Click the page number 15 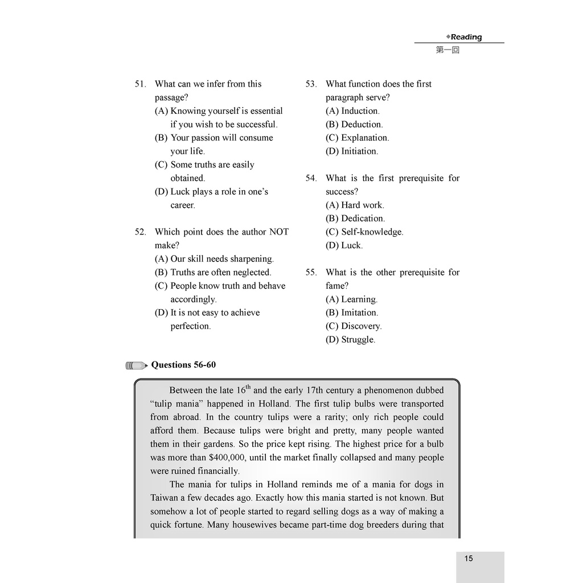coord(469,559)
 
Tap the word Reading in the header coord(466,37)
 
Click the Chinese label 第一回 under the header coord(447,50)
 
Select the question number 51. coord(140,84)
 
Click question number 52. coord(140,232)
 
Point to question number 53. coord(311,84)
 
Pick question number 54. coord(311,179)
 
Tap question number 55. coord(311,273)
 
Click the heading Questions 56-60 coord(183,365)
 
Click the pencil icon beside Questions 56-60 coord(137,366)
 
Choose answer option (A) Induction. coord(352,111)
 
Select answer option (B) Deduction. coord(354,125)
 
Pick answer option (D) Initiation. coord(352,151)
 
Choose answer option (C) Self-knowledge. coord(364,232)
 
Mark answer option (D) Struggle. coord(350,340)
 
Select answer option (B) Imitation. coord(352,313)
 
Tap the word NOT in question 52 coord(279,232)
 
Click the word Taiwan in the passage coord(165,498)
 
